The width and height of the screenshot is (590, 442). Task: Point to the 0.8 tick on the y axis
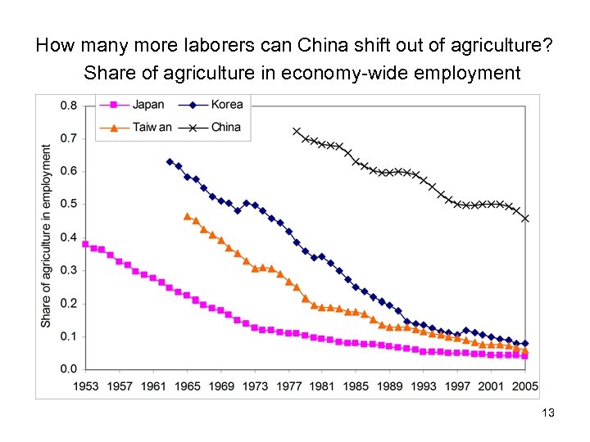(69, 106)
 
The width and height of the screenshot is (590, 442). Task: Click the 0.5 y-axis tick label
(69, 205)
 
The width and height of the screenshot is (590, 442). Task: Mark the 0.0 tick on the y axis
(69, 369)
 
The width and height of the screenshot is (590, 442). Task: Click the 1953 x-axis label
(85, 386)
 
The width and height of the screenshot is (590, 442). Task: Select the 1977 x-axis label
(288, 386)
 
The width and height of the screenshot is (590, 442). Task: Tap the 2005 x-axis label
(525, 386)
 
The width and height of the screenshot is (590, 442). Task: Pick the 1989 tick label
(390, 386)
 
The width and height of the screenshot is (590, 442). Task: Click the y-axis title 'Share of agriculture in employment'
(47, 237)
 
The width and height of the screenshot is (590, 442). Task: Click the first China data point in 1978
(297, 131)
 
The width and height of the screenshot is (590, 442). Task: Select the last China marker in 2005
(525, 219)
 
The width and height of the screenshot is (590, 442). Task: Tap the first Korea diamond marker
(170, 162)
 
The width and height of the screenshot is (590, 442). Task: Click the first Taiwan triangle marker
(187, 217)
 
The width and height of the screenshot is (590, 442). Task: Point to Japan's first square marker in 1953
(85, 244)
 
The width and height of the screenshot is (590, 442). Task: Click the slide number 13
(548, 413)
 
